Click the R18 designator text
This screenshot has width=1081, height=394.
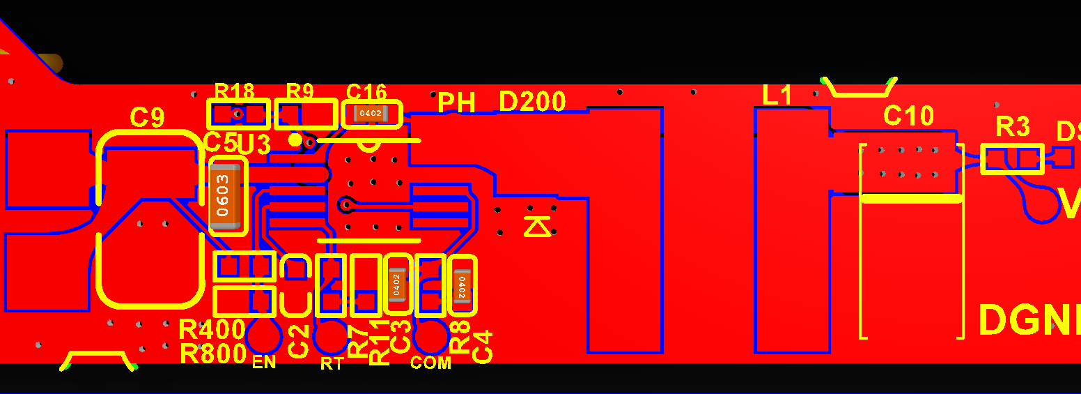(234, 91)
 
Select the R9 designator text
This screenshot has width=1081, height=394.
(300, 91)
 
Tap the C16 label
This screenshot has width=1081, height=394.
(366, 92)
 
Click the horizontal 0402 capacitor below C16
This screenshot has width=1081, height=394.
(371, 113)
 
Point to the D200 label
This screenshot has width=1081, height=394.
(532, 102)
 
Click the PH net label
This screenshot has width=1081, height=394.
(456, 103)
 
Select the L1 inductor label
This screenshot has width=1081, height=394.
(777, 96)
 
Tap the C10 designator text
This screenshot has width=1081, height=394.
(908, 116)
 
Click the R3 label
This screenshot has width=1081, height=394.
(1012, 127)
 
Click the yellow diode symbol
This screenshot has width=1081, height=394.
(537, 226)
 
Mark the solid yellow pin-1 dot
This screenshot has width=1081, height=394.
(295, 139)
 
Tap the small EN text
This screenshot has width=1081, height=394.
(264, 363)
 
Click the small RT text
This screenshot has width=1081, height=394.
(331, 363)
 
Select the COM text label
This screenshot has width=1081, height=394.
(430, 363)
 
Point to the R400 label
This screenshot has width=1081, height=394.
(212, 329)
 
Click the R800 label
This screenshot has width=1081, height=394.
(212, 354)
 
